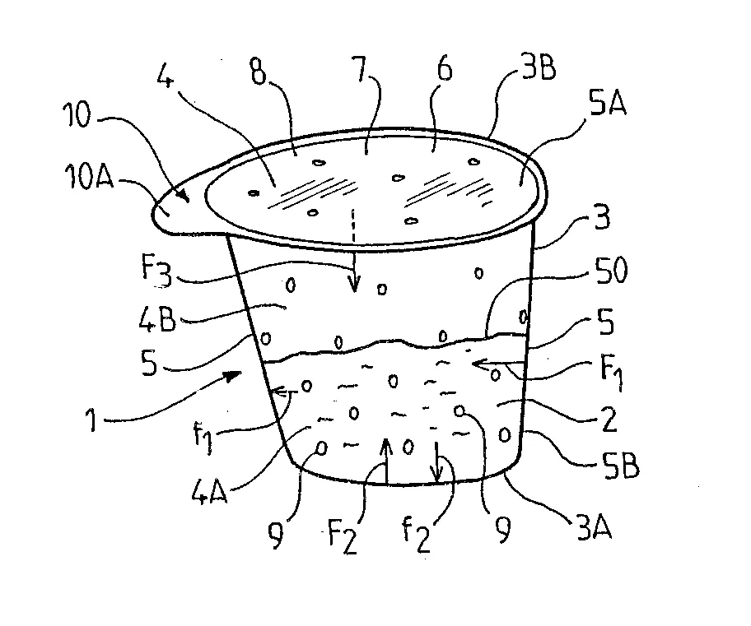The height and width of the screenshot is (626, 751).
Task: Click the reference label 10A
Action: pyautogui.click(x=90, y=177)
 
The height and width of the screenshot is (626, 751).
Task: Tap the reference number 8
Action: pyautogui.click(x=259, y=72)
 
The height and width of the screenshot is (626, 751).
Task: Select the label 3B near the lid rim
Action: pyautogui.click(x=539, y=68)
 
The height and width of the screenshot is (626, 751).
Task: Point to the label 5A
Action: pyautogui.click(x=608, y=103)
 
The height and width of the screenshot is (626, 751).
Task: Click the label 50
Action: pyautogui.click(x=611, y=271)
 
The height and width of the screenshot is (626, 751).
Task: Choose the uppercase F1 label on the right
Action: pyautogui.click(x=612, y=373)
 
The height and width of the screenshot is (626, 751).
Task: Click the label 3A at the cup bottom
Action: pyautogui.click(x=595, y=527)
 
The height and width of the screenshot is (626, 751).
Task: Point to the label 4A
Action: pyautogui.click(x=209, y=491)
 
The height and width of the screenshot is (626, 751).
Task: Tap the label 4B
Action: pyautogui.click(x=157, y=320)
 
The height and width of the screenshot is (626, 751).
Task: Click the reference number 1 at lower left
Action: pyautogui.click(x=91, y=420)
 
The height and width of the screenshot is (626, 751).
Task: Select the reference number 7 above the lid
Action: pyautogui.click(x=360, y=69)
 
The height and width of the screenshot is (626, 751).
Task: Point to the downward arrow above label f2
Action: pyautogui.click(x=436, y=462)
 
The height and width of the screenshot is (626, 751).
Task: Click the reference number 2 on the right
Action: pyautogui.click(x=609, y=420)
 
